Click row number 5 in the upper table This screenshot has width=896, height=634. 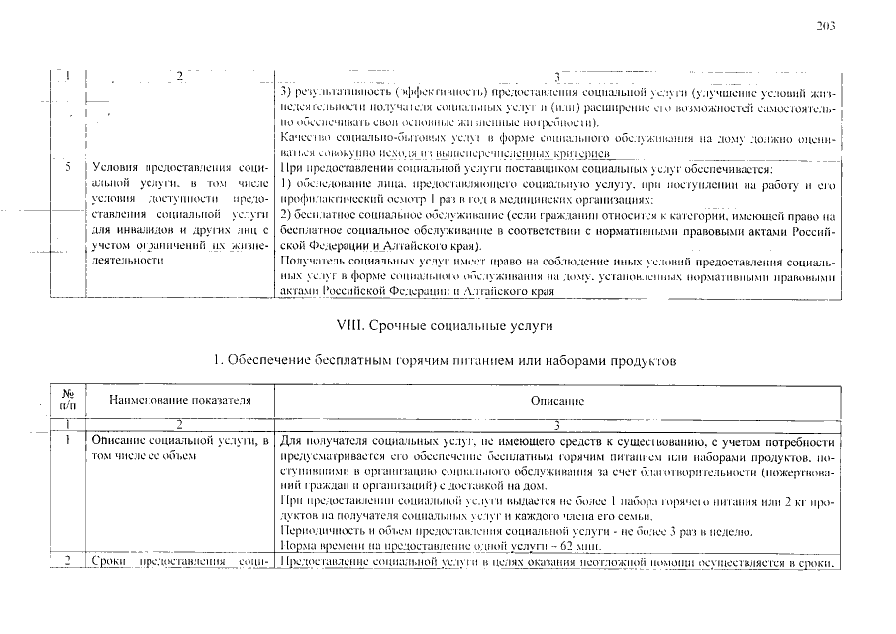[x=67, y=169]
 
